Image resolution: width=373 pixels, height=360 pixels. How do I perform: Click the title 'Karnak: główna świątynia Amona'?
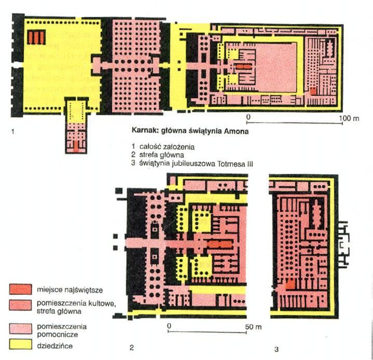[x=190, y=131]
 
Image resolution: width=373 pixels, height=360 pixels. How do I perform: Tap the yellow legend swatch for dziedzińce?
[x=20, y=344]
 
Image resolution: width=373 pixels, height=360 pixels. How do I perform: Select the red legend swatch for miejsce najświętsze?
[x=20, y=289]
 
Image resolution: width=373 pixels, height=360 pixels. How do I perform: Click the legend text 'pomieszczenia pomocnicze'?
[x=62, y=330]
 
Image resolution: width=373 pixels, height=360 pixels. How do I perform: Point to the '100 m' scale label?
[x=349, y=118]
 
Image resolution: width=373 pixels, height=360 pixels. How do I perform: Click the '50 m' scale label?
[x=253, y=327]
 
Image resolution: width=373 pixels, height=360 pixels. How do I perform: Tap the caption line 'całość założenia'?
[x=167, y=147]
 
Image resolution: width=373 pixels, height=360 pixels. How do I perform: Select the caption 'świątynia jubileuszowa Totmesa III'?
[x=196, y=164]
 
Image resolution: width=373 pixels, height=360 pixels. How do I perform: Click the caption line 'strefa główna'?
[x=162, y=155]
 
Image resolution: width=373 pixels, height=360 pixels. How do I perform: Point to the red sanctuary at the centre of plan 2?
[x=220, y=244]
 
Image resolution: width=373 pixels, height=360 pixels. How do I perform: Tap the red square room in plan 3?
[x=290, y=284]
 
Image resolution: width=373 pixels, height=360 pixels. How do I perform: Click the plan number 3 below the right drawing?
[x=276, y=349]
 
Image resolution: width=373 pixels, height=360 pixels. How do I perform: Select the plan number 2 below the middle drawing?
[x=132, y=348]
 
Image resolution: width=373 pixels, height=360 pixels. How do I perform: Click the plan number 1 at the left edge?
[x=13, y=131]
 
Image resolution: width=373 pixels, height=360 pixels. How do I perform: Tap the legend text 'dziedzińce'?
[x=54, y=345]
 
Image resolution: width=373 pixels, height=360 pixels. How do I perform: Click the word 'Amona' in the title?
[x=236, y=131]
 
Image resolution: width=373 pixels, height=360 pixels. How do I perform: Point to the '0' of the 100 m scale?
[x=248, y=117]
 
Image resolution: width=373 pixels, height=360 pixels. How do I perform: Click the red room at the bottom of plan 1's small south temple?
[x=76, y=146]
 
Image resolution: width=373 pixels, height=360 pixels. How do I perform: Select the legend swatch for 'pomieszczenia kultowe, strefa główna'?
[x=20, y=305]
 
